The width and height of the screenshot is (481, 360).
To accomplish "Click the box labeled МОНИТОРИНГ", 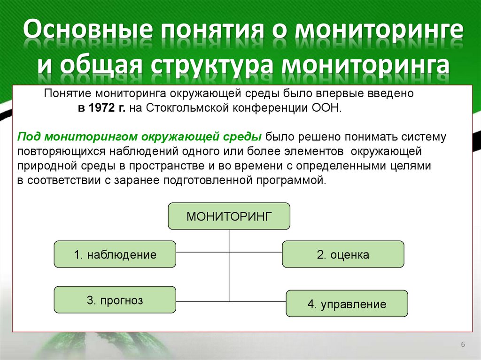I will pos(229,216).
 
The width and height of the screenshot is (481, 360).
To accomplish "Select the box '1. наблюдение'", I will pos(115,255).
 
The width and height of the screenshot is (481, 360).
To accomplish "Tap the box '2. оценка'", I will pos(343,255).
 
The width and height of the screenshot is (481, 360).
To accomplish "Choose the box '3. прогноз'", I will pos(115,300).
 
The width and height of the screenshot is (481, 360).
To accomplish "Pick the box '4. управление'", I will pos(347,304).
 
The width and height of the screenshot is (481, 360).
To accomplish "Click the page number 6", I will pos(463,345).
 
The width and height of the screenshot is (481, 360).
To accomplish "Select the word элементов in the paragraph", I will pos(317,152).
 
